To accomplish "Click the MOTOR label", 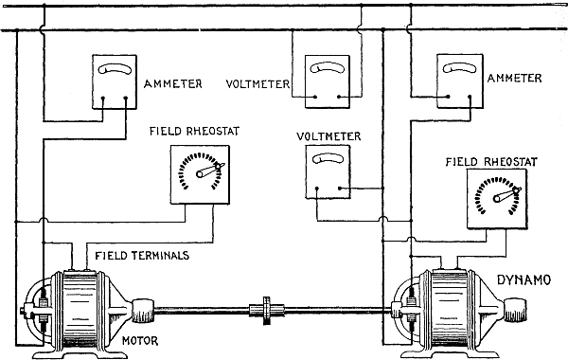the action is click(140, 341).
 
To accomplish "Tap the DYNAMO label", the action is click(524, 279).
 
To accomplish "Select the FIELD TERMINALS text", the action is click(142, 256).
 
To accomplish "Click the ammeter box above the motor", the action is click(115, 81).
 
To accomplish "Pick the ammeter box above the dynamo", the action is click(460, 81).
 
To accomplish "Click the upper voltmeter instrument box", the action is click(328, 81).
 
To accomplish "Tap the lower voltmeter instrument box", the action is click(328, 171).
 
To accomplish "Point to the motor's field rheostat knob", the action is click(200, 174).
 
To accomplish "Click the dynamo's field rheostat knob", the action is click(497, 198).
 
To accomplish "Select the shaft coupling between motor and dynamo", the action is click(267, 310).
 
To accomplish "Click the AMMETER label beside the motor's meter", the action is click(173, 84).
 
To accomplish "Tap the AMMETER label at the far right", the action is click(514, 78).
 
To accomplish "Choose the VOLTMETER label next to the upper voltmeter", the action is click(257, 84).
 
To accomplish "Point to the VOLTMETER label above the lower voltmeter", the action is click(328, 136).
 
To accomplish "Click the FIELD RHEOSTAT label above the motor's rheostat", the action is click(194, 131).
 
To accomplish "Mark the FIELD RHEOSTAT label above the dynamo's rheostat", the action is click(491, 162).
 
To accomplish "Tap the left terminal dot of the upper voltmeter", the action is click(315, 97).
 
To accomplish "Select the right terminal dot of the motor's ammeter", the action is click(126, 98).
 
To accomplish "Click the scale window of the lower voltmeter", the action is click(328, 158).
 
